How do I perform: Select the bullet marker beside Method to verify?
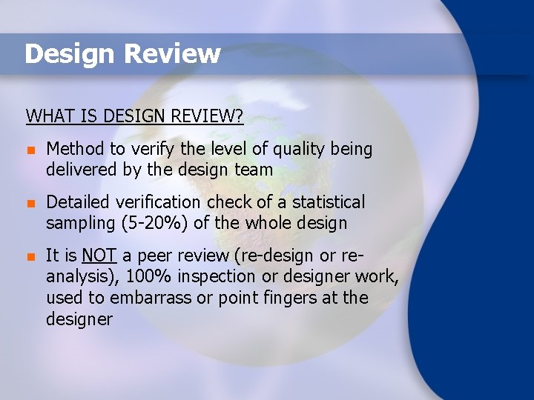click(30, 150)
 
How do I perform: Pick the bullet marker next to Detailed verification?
click(30, 203)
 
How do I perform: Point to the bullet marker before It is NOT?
click(30, 257)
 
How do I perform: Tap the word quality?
click(302, 150)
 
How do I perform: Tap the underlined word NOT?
click(99, 256)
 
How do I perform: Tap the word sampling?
click(79, 223)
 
